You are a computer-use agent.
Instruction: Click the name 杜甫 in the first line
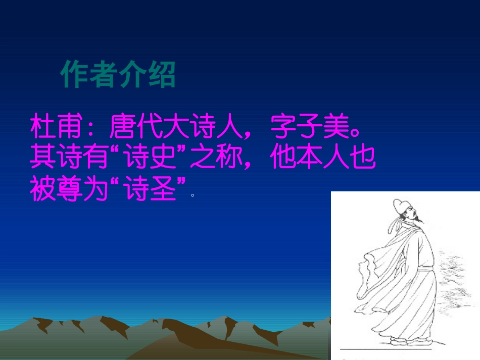pyautogui.click(x=56, y=129)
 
